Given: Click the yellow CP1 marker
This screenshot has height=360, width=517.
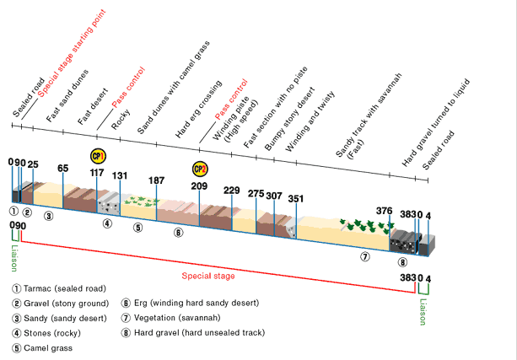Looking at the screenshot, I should click(98, 156).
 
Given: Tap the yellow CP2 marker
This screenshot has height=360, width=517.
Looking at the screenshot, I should click(200, 169).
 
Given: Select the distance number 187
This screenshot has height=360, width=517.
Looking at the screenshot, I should click(156, 180).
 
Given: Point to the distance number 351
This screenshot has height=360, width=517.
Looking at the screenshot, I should click(295, 199).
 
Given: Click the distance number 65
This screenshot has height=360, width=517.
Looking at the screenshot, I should click(62, 168).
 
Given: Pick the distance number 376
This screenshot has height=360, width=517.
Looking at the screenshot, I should click(384, 211).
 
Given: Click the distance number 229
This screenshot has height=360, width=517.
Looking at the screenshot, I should click(232, 190).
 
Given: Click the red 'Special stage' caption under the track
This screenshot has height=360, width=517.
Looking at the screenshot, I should click(208, 276).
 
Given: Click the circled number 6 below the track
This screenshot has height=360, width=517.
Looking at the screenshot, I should click(178, 232).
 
